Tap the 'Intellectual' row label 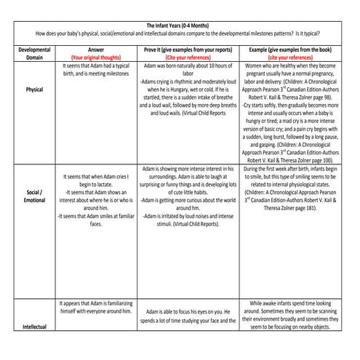(34, 327)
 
